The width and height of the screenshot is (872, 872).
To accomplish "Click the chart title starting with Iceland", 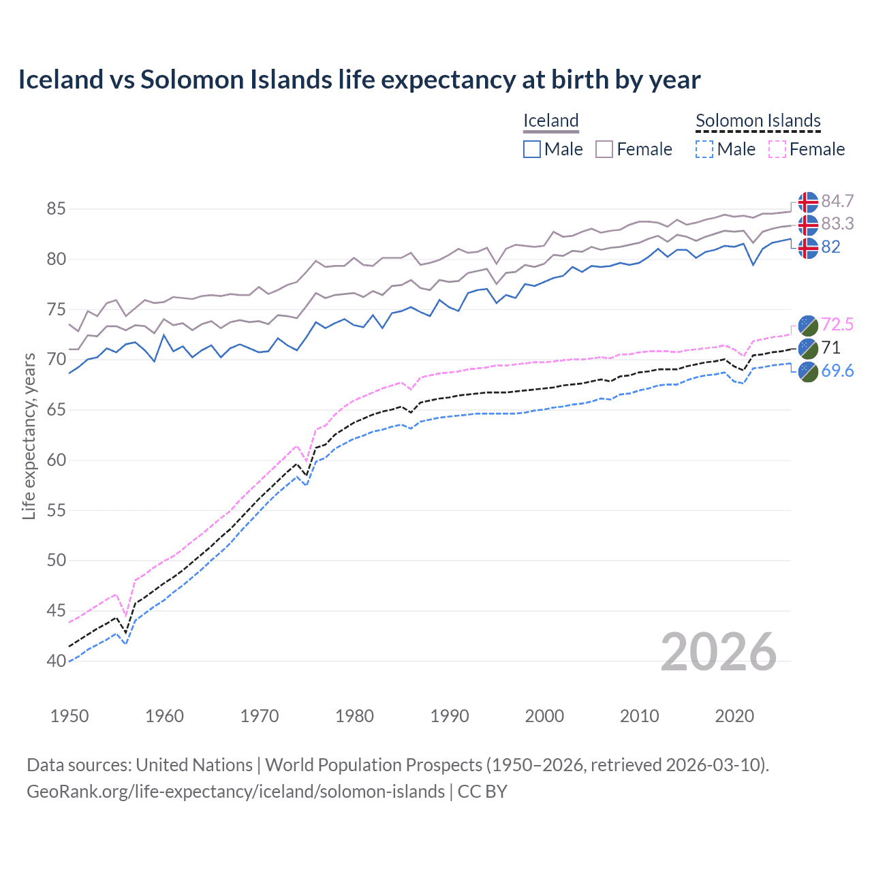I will click(x=359, y=80).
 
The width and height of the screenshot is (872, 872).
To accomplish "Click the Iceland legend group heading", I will click(x=550, y=121).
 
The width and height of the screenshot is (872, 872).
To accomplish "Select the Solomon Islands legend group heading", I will click(x=758, y=121).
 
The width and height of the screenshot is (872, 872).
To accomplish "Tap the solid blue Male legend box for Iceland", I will click(x=532, y=149).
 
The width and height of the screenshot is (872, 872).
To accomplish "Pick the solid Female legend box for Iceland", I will click(x=604, y=149).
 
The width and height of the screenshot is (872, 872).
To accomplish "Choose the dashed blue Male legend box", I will click(x=705, y=149).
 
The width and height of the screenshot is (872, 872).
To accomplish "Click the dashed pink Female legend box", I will click(x=777, y=149).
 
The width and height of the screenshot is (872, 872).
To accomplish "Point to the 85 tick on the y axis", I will click(x=56, y=208).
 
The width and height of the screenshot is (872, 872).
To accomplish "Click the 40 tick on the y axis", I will click(x=56, y=661).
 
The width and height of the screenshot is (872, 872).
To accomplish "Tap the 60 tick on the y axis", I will click(x=56, y=460).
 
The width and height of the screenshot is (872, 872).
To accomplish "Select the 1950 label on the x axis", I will click(x=69, y=716).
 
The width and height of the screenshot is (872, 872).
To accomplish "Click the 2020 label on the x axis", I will click(x=734, y=716).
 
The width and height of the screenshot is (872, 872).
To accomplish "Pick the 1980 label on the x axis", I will click(x=354, y=716).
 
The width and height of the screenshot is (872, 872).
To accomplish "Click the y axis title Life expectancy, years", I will click(x=29, y=436).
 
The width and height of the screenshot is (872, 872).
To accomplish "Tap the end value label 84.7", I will click(x=837, y=202).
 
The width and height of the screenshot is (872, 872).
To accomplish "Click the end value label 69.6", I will click(x=837, y=371).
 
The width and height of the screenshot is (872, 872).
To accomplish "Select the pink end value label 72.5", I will click(x=837, y=325).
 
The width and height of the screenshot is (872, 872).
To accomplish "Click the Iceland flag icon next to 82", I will click(x=807, y=248).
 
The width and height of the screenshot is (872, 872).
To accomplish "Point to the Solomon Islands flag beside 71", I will click(x=807, y=348).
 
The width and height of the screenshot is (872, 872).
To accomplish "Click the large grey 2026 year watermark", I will click(x=719, y=652).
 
